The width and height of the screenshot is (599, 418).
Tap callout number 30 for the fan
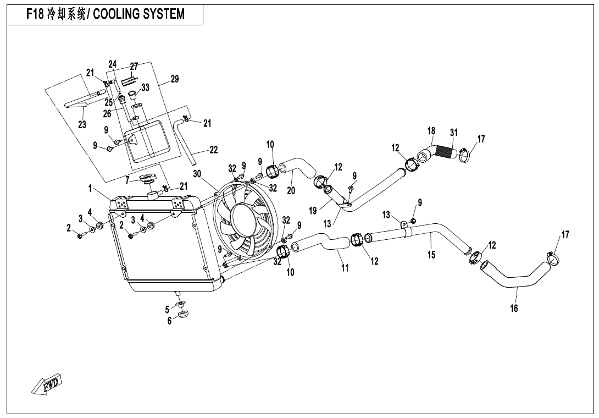click(x=198, y=174)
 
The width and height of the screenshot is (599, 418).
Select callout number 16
click(x=514, y=308)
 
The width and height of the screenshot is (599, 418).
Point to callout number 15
click(x=432, y=255)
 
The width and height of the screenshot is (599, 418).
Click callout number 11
click(x=345, y=268)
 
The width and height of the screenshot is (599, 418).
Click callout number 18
click(x=431, y=131)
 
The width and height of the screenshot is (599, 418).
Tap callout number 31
click(x=453, y=133)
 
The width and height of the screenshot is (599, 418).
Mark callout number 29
click(x=175, y=79)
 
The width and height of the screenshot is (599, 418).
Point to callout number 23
click(x=82, y=125)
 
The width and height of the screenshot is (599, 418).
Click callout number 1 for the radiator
click(x=89, y=188)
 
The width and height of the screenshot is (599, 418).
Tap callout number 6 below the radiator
click(x=170, y=321)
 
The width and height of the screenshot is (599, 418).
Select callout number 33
click(x=145, y=87)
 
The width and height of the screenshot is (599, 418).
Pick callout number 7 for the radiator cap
click(x=127, y=179)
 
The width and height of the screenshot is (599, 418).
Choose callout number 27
click(x=134, y=67)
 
